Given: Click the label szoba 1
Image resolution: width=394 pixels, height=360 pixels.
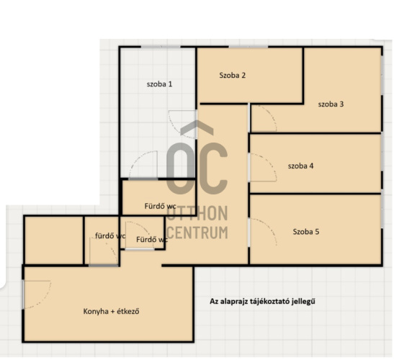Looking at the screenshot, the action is pos(159,84).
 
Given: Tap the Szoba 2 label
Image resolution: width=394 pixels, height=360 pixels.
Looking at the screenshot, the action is pos(232,75).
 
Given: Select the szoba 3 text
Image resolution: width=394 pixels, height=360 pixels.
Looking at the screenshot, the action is pos(331,104).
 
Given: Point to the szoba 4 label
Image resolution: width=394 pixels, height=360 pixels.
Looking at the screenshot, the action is pos(300,166).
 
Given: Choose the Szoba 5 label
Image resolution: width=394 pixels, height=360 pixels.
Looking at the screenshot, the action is pos(306,231).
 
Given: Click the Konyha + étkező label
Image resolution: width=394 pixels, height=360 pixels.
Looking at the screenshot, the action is pos(111,311).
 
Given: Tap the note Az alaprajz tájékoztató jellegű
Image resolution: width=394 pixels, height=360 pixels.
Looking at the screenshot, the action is pos(262,301).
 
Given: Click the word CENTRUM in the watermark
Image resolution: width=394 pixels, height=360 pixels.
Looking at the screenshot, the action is pos(197,233).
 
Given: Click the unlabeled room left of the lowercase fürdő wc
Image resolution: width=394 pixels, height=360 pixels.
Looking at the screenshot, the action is pos(54,240).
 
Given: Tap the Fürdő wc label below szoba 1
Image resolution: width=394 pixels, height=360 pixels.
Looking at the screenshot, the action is pos(160,206).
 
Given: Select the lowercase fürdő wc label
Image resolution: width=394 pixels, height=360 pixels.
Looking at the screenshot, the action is pos(110,235).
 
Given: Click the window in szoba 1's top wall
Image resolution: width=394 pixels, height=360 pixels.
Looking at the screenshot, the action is pos(161,47).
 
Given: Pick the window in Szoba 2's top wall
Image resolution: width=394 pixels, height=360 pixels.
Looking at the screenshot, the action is pos(249,47).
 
